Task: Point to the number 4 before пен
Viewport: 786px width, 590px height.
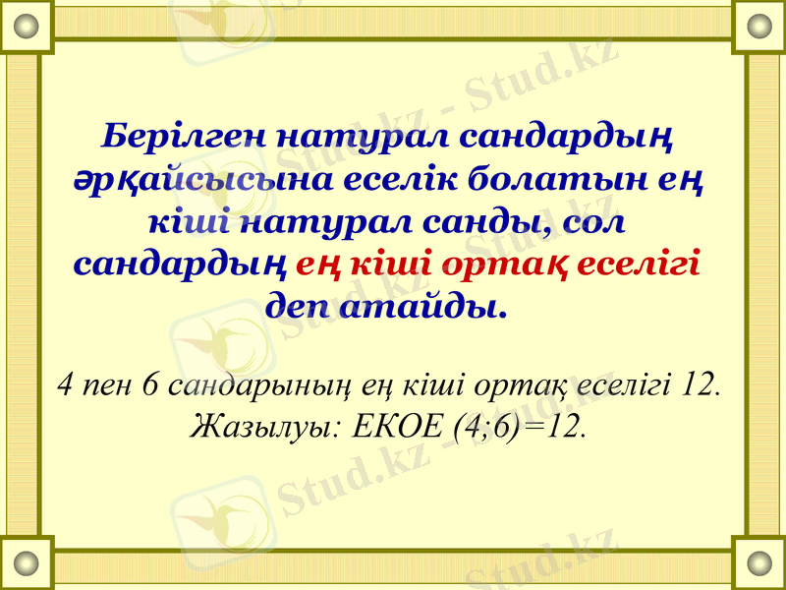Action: tap(66, 382)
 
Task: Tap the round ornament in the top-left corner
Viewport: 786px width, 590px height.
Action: tap(27, 27)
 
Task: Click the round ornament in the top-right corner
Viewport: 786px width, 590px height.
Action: tap(759, 27)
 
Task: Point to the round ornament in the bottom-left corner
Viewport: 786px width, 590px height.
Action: tap(27, 563)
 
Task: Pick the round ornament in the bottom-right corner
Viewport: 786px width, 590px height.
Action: tap(759, 563)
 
